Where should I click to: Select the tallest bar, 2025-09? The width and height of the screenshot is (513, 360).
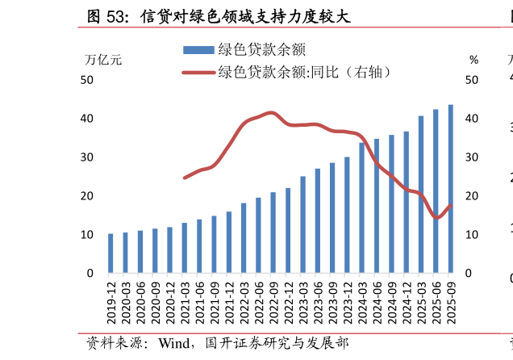coord(451,189)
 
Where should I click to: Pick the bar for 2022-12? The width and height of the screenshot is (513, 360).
coord(288,231)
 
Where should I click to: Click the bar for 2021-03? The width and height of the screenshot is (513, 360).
coord(185,248)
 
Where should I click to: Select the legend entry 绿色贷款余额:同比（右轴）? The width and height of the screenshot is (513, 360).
coord(290,73)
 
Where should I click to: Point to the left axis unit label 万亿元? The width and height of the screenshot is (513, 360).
coord(103,60)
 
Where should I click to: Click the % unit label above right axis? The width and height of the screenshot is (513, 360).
coord(473,60)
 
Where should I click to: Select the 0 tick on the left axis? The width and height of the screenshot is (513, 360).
coord(90,274)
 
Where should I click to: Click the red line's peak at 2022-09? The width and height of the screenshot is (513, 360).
coord(273,113)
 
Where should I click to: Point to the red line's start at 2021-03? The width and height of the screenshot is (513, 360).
coord(185,178)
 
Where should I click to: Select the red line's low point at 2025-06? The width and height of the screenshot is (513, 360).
coord(436,218)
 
